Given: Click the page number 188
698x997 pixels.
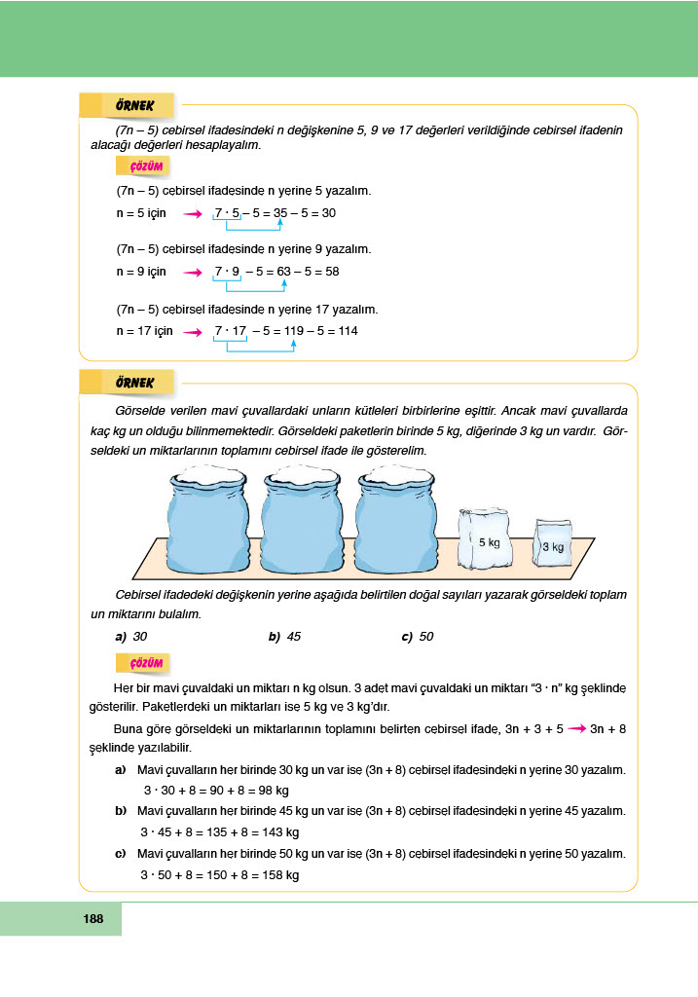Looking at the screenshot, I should [93, 918].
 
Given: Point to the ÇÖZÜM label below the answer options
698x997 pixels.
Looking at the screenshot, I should [145, 663].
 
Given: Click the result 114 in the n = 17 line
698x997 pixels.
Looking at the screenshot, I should [347, 331].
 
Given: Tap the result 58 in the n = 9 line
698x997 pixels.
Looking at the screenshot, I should [328, 272].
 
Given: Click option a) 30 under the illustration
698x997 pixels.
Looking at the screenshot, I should [131, 637].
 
